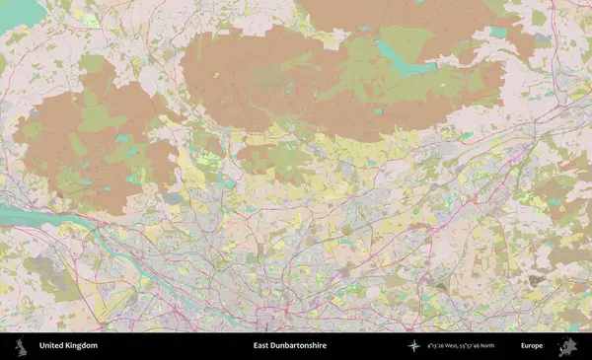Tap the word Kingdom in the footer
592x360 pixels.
(x=82, y=346)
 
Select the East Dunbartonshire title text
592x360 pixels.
(x=289, y=346)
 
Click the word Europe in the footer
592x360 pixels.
(x=532, y=346)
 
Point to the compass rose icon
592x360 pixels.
(x=413, y=346)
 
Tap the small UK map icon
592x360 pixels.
(x=20, y=346)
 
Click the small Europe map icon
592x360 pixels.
(x=566, y=346)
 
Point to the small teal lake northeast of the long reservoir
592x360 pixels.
(x=498, y=32)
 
